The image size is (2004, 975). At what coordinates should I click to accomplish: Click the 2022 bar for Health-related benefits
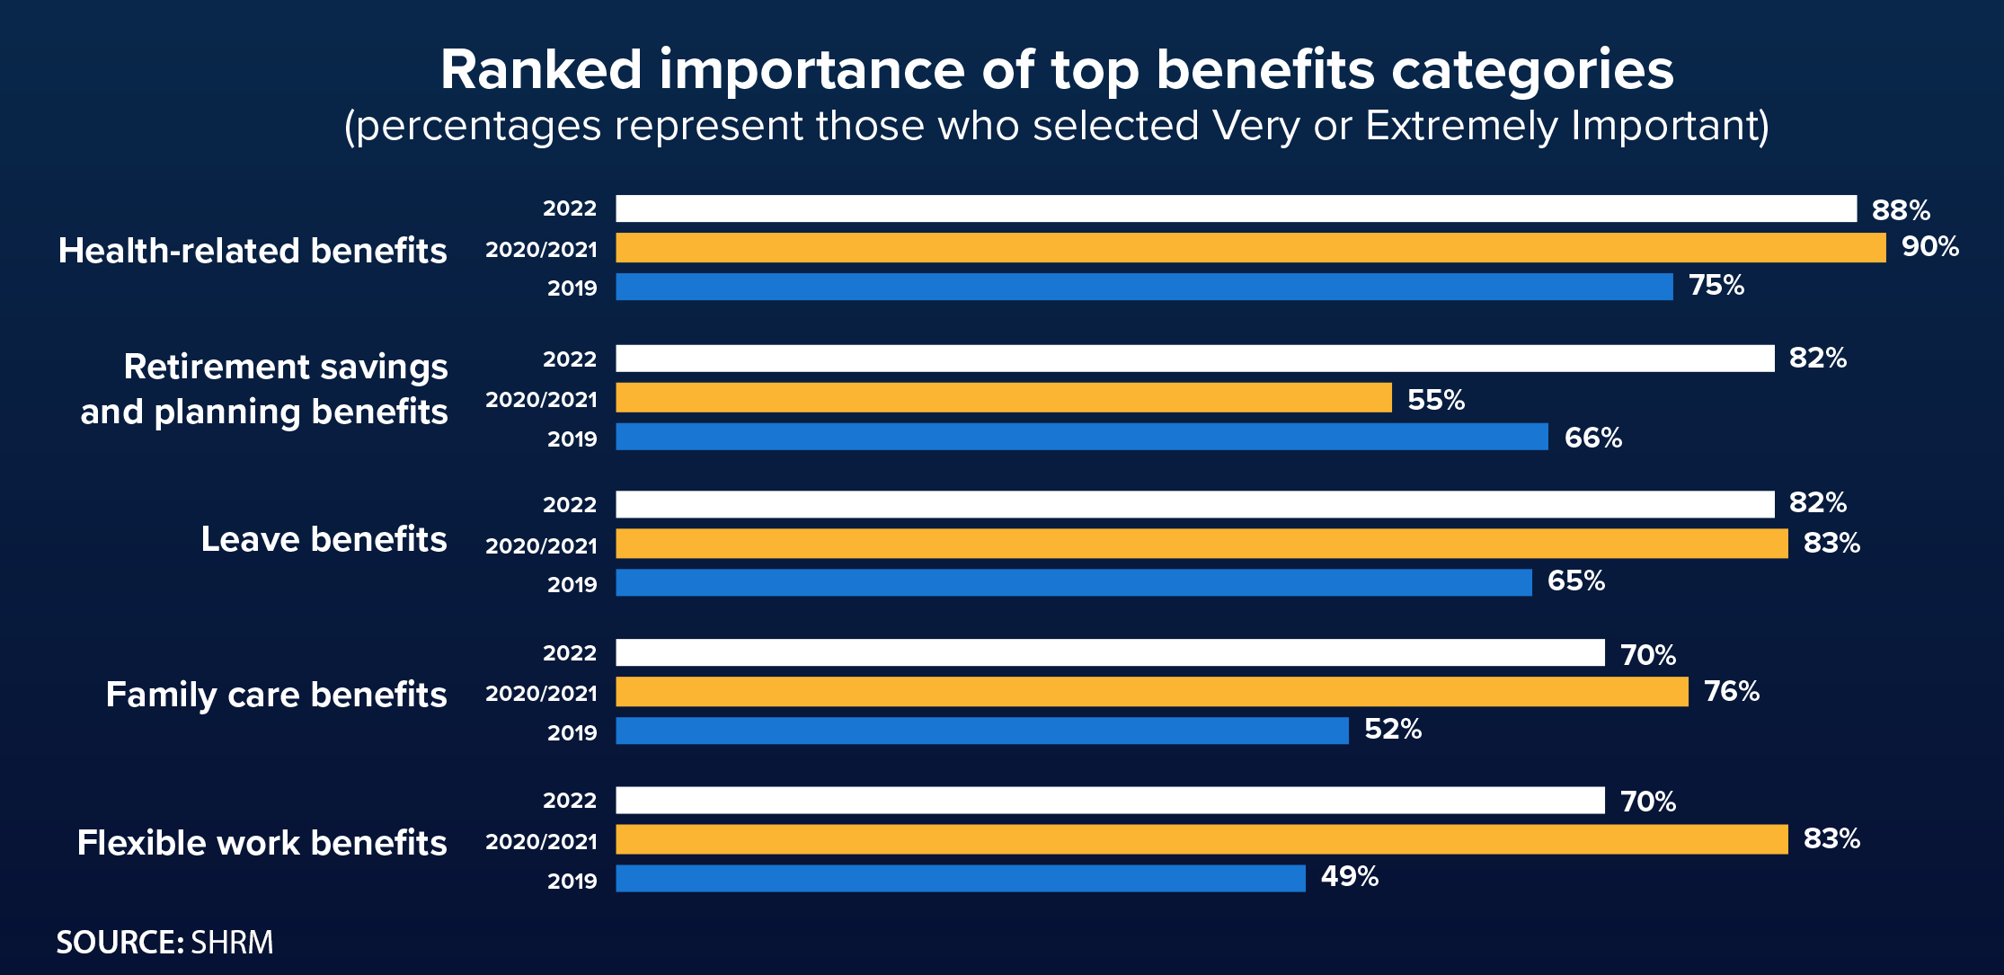point(1236,208)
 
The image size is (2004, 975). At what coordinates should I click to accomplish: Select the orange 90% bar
point(1250,248)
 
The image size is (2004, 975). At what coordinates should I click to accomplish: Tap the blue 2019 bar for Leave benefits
point(1074,582)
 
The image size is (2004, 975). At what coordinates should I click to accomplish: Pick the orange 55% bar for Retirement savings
point(1004,397)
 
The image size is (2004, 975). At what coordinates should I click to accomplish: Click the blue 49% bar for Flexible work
point(961,878)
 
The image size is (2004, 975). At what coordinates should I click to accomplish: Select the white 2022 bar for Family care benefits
point(1110,652)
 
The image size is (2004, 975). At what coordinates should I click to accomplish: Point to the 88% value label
point(1901,210)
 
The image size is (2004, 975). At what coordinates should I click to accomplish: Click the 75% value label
point(1716,286)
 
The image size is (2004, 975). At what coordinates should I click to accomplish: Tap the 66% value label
point(1593,439)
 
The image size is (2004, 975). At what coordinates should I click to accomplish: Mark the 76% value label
point(1732,691)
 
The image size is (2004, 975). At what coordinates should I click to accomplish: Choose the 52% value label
point(1393,729)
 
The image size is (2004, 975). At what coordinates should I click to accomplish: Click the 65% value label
point(1576,581)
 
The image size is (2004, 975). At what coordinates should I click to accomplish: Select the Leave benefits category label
point(324,539)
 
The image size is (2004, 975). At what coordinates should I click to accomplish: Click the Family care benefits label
point(276,695)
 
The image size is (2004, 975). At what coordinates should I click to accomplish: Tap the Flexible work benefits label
point(262,843)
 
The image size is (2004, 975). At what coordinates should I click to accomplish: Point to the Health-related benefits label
point(253,251)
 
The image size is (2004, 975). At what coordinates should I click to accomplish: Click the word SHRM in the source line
point(232,943)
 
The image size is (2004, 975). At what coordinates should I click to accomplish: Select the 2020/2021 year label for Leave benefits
point(541,545)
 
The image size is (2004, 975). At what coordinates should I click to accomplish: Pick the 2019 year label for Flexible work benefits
point(572,881)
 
